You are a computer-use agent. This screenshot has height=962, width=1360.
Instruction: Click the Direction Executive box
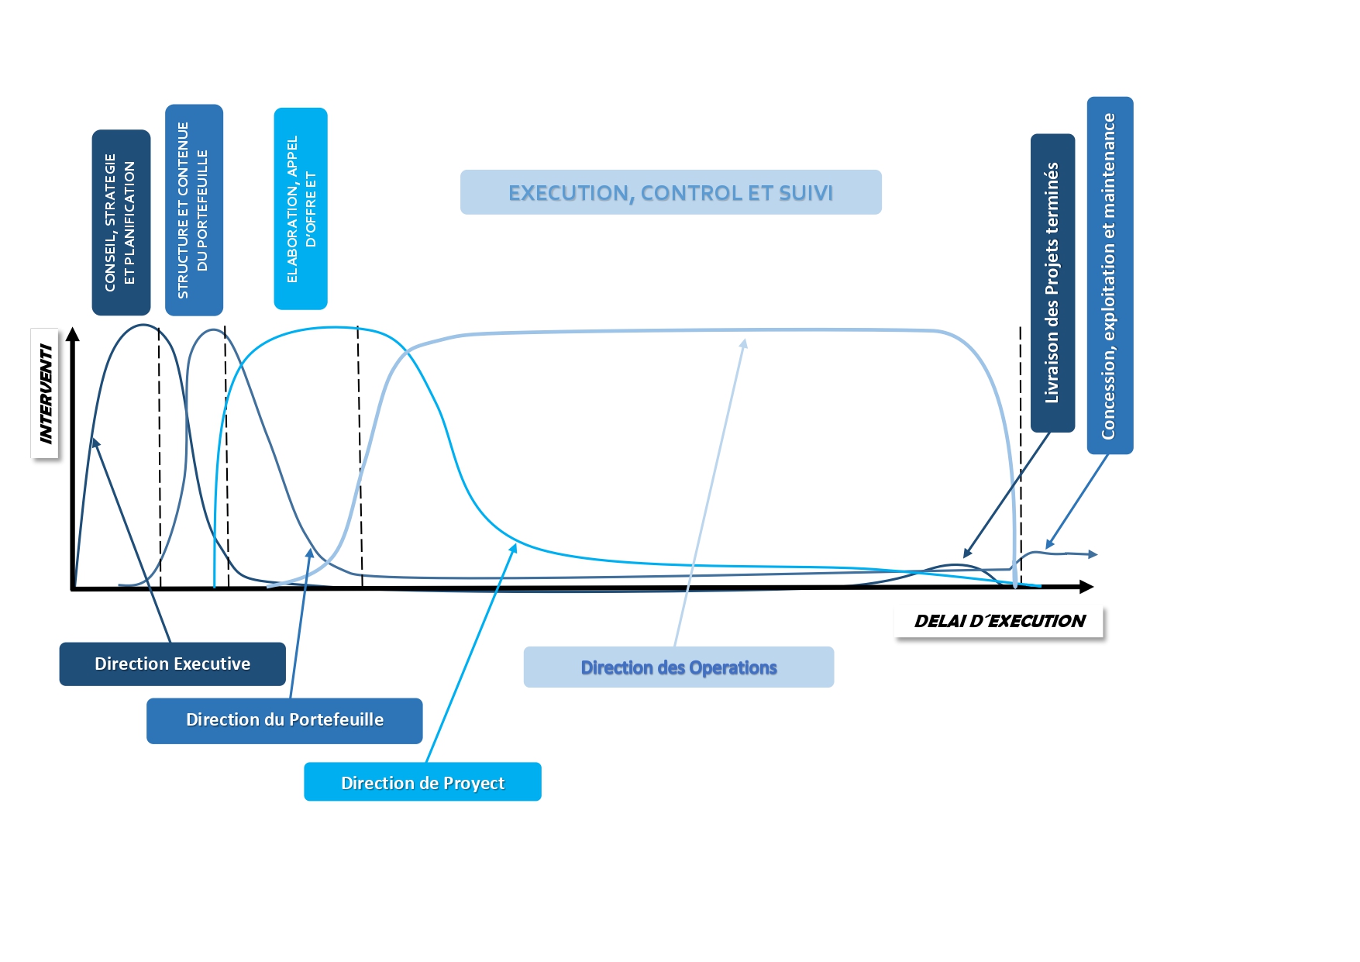tap(172, 664)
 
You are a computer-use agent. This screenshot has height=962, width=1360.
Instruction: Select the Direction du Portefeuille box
tap(284, 720)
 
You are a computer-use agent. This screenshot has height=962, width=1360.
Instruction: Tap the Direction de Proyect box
tap(422, 781)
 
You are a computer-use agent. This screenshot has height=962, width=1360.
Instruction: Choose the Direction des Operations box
tap(679, 667)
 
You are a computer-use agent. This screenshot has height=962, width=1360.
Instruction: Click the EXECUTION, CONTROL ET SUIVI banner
tap(671, 192)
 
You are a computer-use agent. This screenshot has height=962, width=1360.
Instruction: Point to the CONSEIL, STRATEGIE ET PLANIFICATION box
tap(121, 222)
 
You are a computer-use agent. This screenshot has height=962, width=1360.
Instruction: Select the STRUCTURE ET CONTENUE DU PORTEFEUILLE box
tap(194, 210)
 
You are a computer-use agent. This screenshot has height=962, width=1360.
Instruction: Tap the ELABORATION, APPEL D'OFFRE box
tap(301, 209)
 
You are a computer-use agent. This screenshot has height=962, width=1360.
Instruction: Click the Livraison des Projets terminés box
tap(1052, 283)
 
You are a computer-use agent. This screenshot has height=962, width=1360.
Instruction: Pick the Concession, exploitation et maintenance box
tap(1110, 275)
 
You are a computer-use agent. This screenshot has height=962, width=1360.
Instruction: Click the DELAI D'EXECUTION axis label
tap(1000, 621)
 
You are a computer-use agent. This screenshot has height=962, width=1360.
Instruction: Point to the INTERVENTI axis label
tap(46, 393)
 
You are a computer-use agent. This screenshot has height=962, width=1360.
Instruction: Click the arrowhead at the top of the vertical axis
tap(73, 333)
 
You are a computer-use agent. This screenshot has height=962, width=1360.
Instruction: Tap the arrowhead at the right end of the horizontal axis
tap(1086, 587)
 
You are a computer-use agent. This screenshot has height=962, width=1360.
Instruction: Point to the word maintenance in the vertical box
tap(1109, 164)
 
